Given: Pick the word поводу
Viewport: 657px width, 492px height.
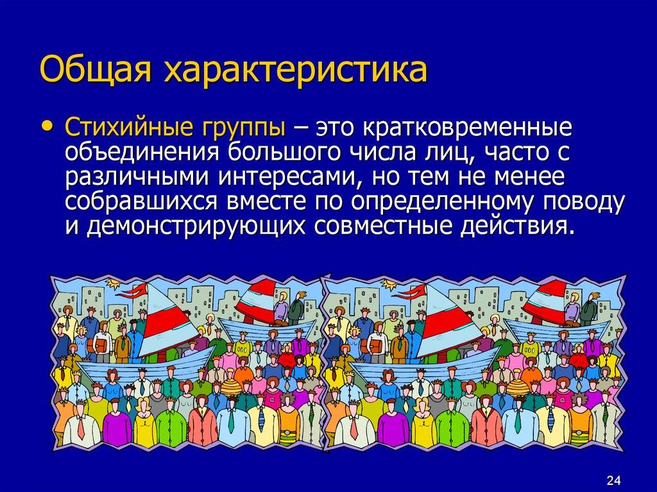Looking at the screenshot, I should tap(584, 202).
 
